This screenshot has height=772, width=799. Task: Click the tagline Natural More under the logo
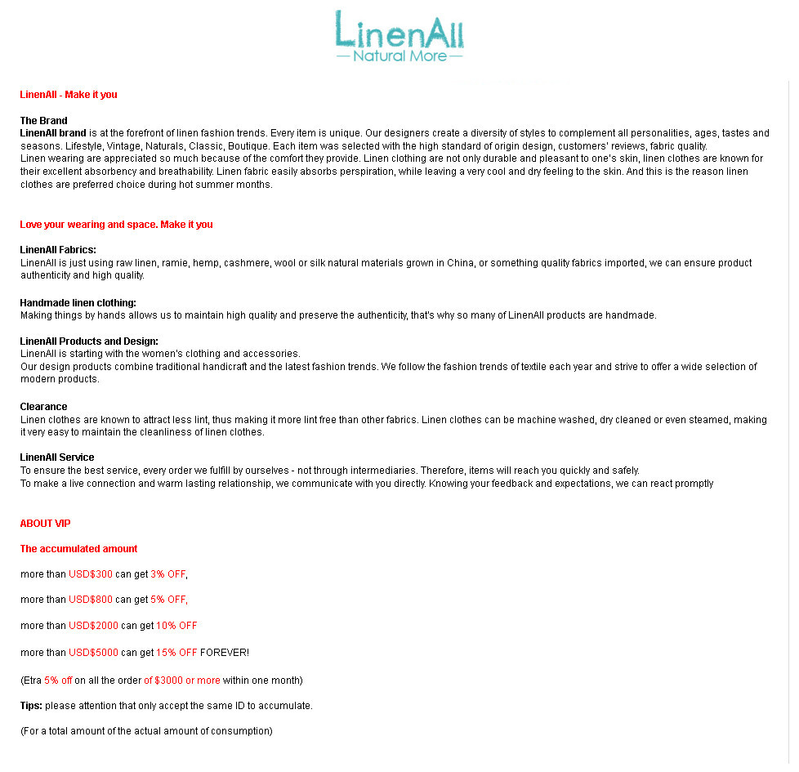tap(399, 56)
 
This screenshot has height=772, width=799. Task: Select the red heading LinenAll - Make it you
tap(69, 95)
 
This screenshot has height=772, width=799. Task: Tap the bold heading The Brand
tap(43, 121)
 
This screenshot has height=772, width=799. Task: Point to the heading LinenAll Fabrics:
tap(58, 250)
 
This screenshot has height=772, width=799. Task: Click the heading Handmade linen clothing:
tap(78, 303)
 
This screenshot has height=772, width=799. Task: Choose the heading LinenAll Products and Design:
tap(89, 341)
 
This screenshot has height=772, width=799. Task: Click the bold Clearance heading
tap(43, 407)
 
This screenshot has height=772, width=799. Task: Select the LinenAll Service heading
tap(57, 457)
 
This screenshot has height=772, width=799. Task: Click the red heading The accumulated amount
tap(78, 549)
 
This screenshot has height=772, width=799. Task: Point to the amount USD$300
tap(91, 574)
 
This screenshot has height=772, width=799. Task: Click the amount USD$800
tap(91, 600)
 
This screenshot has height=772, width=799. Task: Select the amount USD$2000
tap(93, 626)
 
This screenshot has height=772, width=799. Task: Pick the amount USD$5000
tap(93, 653)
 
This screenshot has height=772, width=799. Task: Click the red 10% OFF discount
tap(176, 626)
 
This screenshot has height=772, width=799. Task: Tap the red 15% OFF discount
tap(176, 653)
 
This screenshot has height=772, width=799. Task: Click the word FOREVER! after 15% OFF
tap(225, 653)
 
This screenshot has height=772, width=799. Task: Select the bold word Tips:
tap(31, 706)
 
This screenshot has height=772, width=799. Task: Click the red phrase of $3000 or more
tap(182, 681)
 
